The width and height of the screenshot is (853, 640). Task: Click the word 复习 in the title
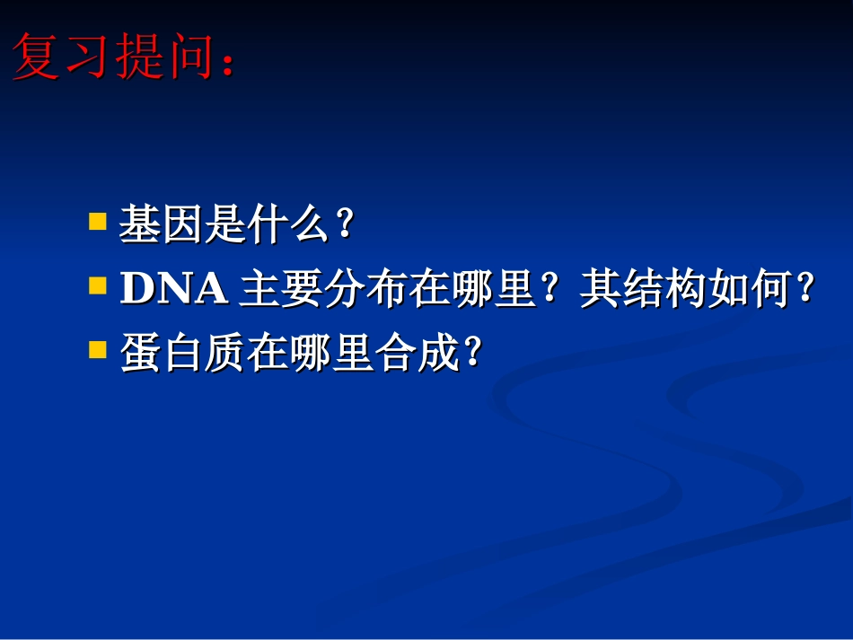click(x=63, y=57)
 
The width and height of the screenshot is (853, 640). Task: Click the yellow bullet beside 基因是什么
click(x=97, y=221)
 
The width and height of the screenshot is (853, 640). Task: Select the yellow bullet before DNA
click(x=97, y=285)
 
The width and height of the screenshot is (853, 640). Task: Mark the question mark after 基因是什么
click(x=341, y=224)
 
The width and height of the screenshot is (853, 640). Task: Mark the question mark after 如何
click(x=805, y=289)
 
